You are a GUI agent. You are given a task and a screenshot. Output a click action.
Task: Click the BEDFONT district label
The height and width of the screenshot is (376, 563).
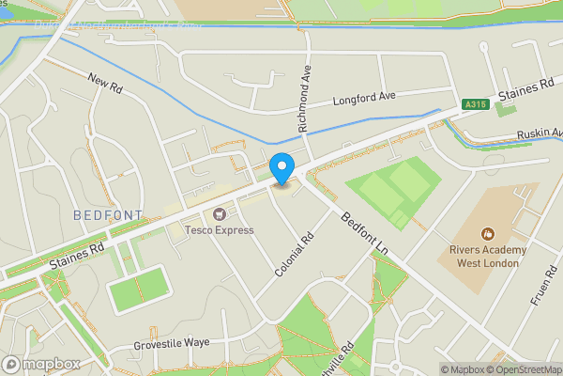108,215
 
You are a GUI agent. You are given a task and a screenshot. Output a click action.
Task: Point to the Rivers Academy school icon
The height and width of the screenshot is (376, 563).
487,233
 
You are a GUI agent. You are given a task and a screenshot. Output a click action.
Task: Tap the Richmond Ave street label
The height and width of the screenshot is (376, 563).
304,98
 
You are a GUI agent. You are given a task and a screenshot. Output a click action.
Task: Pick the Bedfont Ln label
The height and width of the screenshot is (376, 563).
365,231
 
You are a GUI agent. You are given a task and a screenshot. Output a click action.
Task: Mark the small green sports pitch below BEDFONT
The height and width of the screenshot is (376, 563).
139,290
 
